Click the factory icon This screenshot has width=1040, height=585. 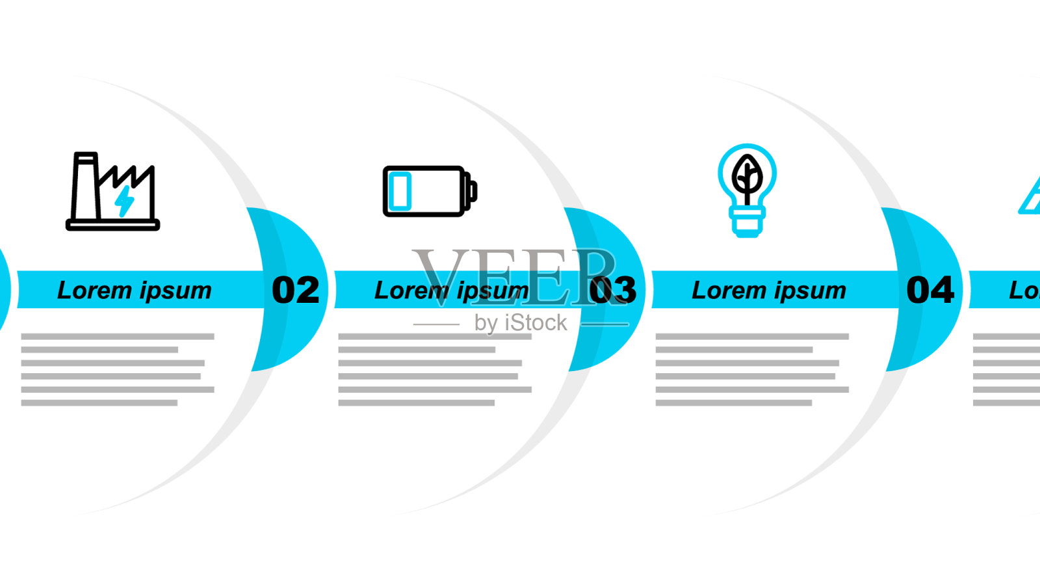(112, 191)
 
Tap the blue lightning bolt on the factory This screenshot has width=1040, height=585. (124, 201)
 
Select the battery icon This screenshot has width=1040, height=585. (430, 191)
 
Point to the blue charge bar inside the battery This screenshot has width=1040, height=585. (400, 191)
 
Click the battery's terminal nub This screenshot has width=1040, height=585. (473, 191)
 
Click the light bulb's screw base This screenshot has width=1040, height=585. (747, 224)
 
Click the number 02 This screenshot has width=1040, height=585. (296, 290)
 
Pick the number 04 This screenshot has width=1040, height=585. (930, 290)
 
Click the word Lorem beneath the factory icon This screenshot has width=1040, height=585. (94, 291)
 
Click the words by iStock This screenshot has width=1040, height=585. (521, 323)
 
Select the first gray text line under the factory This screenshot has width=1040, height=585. (118, 337)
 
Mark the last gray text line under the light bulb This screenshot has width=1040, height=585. (734, 403)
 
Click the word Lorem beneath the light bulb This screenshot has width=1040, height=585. (729, 291)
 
